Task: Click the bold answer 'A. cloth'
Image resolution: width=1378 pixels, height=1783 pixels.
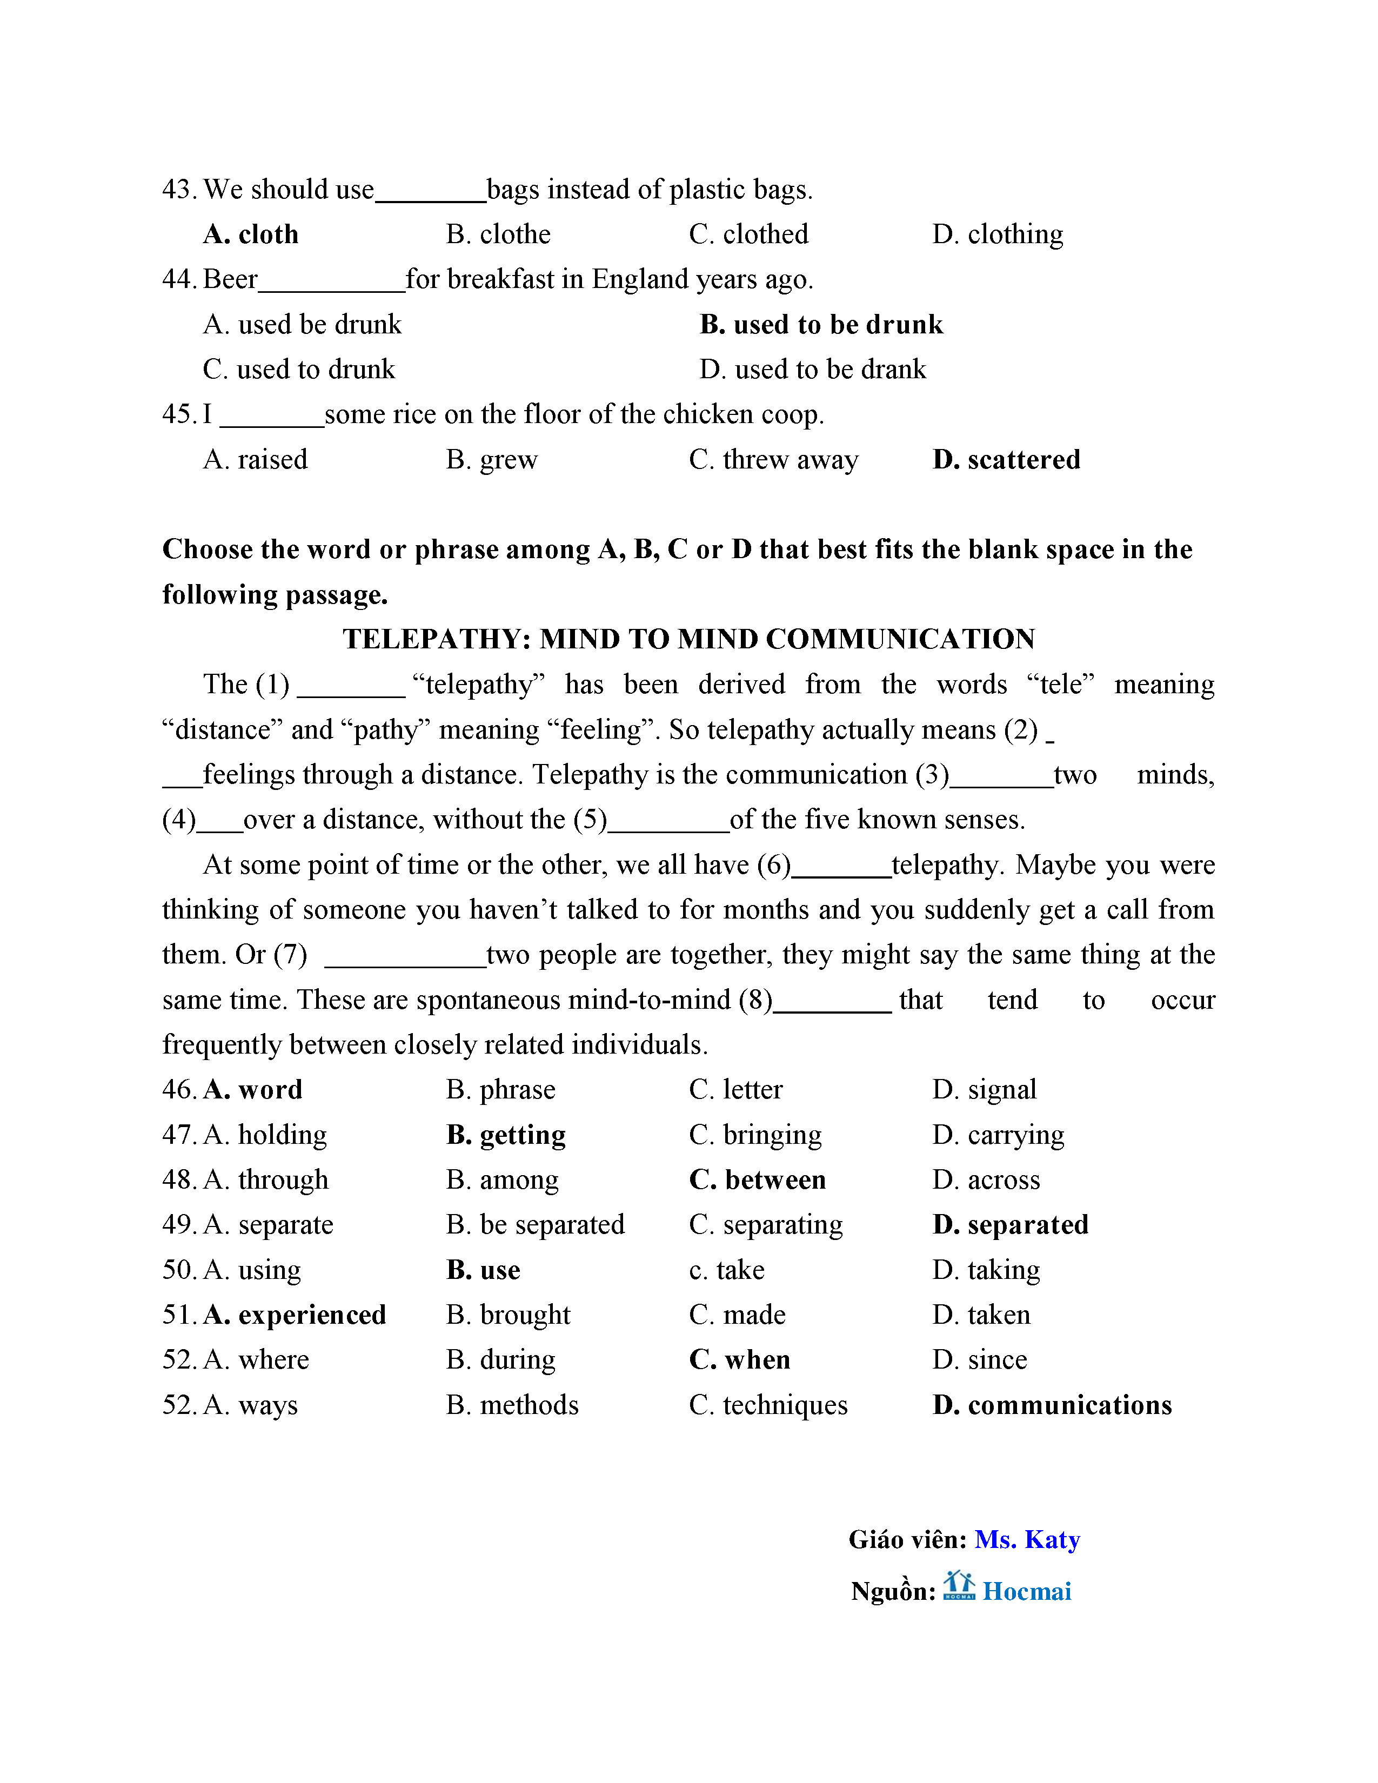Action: (x=251, y=235)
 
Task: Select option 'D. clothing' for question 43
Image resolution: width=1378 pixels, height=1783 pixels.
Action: (x=998, y=235)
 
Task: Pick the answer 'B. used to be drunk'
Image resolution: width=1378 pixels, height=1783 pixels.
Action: (x=820, y=325)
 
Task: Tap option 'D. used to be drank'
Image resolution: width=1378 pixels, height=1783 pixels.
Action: (x=812, y=370)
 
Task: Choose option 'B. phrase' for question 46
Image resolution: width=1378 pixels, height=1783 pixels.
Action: (x=500, y=1090)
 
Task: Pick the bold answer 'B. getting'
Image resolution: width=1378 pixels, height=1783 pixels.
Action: (x=506, y=1135)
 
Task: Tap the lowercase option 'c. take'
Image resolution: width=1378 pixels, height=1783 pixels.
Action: (x=726, y=1270)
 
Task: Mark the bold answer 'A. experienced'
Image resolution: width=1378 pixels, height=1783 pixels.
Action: (x=295, y=1315)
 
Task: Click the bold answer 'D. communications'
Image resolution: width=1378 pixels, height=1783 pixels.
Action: (x=1052, y=1405)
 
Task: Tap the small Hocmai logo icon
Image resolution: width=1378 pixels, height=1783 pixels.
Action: (x=959, y=1585)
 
